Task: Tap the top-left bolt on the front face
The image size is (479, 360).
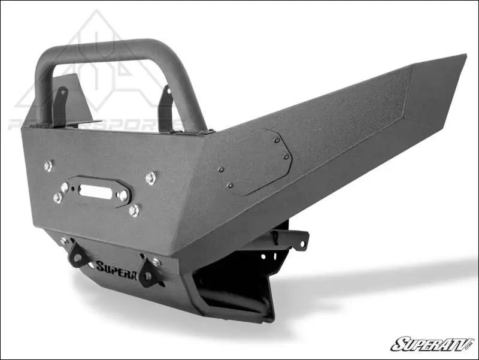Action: tap(48, 166)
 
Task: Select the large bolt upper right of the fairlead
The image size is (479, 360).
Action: tap(150, 178)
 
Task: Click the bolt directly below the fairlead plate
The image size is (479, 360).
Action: tap(134, 210)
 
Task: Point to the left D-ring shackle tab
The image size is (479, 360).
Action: tap(77, 255)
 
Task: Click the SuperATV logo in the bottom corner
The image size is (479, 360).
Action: tap(431, 344)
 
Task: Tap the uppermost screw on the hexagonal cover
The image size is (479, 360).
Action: tap(276, 140)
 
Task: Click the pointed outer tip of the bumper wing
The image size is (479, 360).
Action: tap(463, 56)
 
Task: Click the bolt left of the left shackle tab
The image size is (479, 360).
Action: tap(64, 241)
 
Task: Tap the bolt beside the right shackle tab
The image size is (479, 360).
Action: tap(156, 262)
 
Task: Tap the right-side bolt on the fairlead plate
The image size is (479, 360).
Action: tap(123, 195)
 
